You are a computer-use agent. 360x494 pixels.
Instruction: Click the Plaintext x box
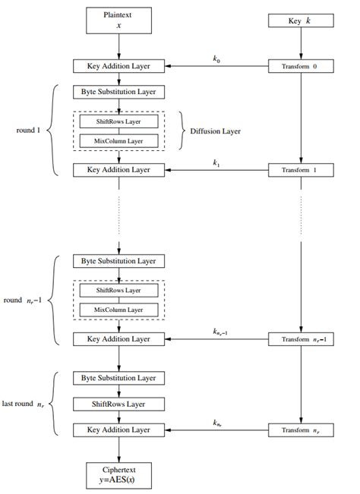pyautogui.click(x=118, y=20)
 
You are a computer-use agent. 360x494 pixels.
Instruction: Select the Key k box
pyautogui.click(x=302, y=21)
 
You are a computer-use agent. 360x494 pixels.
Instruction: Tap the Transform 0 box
pyautogui.click(x=302, y=67)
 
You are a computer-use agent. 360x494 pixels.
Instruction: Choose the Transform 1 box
pyautogui.click(x=302, y=169)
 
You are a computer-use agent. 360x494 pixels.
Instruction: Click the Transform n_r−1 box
pyautogui.click(x=302, y=339)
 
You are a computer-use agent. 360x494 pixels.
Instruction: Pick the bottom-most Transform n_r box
pyautogui.click(x=302, y=430)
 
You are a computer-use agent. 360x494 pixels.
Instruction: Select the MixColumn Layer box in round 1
pyautogui.click(x=118, y=140)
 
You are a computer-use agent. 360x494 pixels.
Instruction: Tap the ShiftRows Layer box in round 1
pyautogui.click(x=118, y=121)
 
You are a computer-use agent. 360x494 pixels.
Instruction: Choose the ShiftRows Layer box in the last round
pyautogui.click(x=118, y=404)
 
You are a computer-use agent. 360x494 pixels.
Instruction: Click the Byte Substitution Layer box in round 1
pyautogui.click(x=118, y=92)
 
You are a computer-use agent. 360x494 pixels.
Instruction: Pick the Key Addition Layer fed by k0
pyautogui.click(x=118, y=67)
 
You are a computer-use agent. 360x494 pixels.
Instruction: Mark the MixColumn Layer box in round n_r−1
pyautogui.click(x=118, y=310)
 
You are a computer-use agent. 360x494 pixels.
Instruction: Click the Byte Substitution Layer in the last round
pyautogui.click(x=118, y=377)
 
